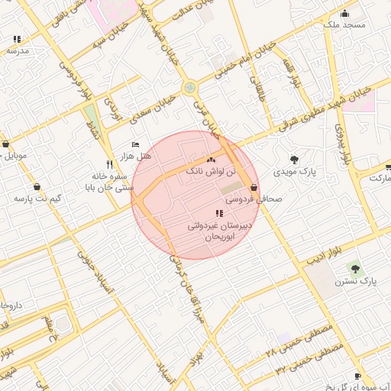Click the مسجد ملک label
[344, 24]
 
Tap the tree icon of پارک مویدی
[294, 160]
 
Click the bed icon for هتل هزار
[136, 144]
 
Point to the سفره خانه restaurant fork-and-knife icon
[110, 164]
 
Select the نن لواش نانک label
[207, 173]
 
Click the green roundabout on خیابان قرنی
[189, 88]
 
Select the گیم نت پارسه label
[37, 199]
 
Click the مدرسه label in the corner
[17, 50]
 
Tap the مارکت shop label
[380, 178]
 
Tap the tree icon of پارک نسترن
[354, 267]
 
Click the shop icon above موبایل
[6, 144]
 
